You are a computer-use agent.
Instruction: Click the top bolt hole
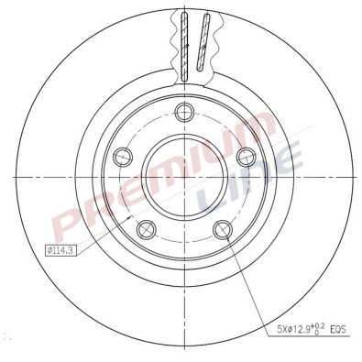coord(181,114)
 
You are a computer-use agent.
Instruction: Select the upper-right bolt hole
coord(244,158)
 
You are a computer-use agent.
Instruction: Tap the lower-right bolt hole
coord(220,230)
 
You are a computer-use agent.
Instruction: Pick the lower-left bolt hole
coord(143,230)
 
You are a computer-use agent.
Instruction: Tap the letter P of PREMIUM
coord(69,224)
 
